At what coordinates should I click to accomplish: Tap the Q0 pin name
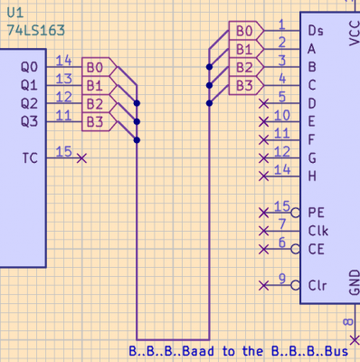click(30, 67)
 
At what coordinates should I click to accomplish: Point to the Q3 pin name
click(30, 121)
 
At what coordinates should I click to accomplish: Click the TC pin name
click(30, 157)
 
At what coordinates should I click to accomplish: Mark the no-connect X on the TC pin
click(82, 158)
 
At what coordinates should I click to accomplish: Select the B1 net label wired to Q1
click(95, 86)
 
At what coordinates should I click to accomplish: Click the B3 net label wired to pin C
click(244, 86)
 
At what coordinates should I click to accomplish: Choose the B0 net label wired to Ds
click(244, 32)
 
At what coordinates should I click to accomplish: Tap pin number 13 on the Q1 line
click(63, 80)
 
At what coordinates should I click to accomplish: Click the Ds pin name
click(317, 32)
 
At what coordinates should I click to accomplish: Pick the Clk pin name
click(317, 230)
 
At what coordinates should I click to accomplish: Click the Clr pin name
click(317, 284)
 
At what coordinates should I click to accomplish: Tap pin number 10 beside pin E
click(281, 115)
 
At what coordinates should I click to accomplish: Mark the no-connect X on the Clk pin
click(263, 231)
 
